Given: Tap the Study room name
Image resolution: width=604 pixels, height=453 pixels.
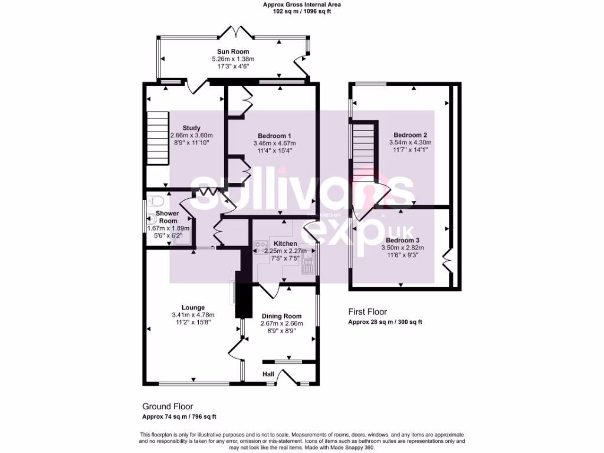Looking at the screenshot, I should (x=191, y=128).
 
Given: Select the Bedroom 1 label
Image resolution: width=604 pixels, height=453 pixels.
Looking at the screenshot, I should (x=274, y=136).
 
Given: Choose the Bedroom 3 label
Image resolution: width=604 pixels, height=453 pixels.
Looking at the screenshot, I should (x=403, y=241).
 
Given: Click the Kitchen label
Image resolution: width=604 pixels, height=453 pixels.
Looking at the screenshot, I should (x=285, y=244).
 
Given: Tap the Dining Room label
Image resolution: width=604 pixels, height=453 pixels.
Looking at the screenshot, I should (x=281, y=316).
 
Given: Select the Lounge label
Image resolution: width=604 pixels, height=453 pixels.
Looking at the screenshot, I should (x=193, y=307).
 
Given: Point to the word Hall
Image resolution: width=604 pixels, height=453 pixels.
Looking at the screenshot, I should (x=268, y=373).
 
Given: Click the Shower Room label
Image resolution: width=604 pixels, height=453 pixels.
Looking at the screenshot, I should (x=167, y=217).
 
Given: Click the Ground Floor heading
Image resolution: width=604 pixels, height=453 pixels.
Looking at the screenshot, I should (x=168, y=406).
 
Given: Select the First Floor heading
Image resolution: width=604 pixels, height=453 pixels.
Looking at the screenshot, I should (x=367, y=312).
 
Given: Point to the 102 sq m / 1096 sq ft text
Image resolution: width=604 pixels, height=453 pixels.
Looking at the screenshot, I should (x=301, y=11).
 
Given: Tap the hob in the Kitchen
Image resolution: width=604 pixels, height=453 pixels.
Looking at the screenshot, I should (x=260, y=247).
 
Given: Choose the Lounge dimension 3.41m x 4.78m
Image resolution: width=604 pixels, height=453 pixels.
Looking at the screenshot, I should (x=193, y=314).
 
